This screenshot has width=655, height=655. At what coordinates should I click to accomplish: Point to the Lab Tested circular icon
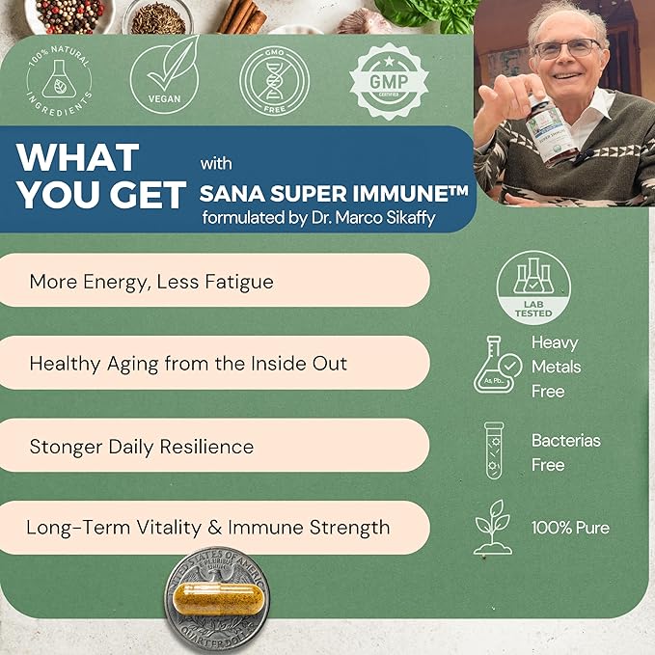(533, 286)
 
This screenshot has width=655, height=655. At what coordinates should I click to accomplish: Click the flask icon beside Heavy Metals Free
(499, 365)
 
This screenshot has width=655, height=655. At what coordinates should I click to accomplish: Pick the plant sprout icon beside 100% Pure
(494, 527)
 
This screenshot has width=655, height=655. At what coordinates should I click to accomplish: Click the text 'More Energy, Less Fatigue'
(151, 282)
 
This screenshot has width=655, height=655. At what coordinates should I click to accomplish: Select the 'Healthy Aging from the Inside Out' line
(188, 364)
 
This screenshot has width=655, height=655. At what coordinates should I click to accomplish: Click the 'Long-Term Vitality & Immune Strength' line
(207, 528)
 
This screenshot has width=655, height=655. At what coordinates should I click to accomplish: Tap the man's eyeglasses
(566, 49)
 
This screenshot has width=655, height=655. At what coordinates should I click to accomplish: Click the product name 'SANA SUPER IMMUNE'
(334, 192)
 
